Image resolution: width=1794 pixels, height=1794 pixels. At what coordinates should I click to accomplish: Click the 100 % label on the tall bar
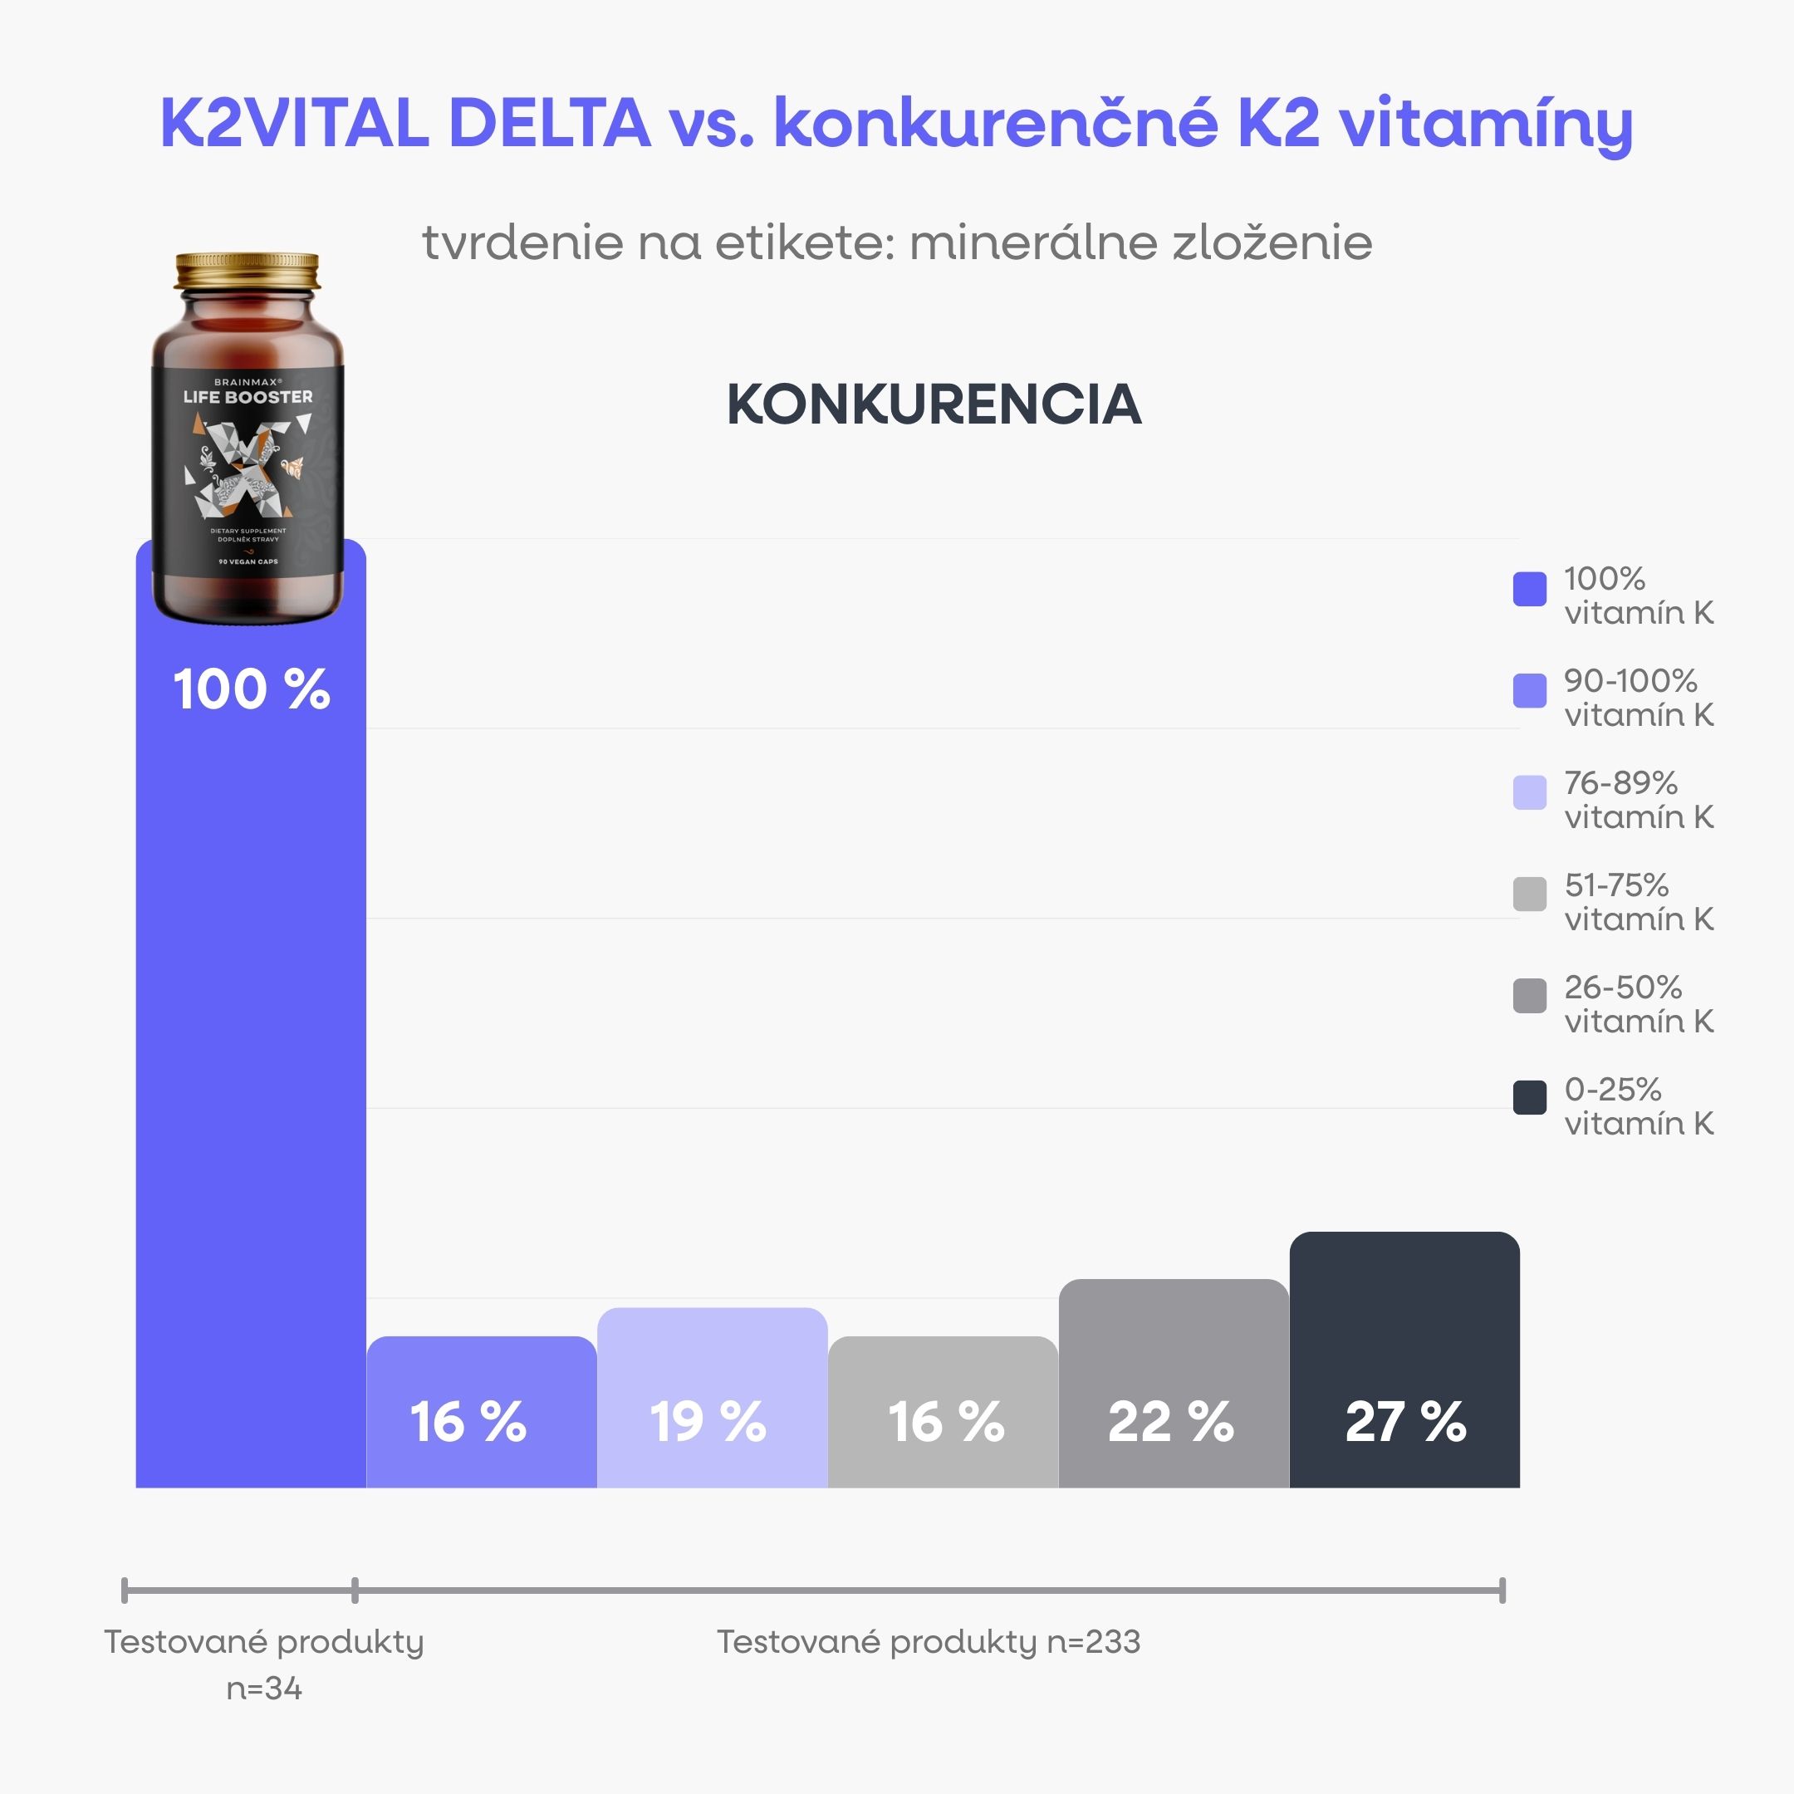tap(251, 690)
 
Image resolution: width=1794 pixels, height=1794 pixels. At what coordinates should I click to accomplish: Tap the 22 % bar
tap(1173, 1384)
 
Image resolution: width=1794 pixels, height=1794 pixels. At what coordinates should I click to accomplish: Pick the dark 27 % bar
tap(1404, 1360)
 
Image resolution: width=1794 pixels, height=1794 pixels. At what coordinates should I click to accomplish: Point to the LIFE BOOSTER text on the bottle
tap(248, 396)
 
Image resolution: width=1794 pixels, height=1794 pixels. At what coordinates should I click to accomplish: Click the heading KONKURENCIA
tap(934, 404)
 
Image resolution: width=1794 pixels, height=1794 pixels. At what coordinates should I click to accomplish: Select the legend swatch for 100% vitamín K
tap(1529, 589)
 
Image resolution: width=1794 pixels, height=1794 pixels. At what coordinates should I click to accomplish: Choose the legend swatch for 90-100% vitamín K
tap(1529, 691)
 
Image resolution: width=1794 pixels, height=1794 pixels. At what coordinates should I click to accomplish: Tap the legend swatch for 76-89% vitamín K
tap(1529, 793)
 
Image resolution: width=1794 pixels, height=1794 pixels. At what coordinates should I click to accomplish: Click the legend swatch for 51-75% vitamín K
tap(1529, 895)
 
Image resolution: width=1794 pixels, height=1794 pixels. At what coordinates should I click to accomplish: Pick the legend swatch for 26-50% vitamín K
tap(1529, 997)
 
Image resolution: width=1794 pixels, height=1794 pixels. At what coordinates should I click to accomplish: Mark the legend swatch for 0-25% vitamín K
tap(1529, 1097)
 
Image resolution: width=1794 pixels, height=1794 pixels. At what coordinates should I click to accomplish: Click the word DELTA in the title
tap(549, 124)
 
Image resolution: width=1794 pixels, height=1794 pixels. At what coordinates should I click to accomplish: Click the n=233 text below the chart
tap(1093, 1642)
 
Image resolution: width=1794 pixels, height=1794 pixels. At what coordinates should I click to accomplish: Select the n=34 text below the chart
tap(264, 1689)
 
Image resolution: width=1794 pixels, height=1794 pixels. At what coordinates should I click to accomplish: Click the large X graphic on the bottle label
tap(248, 469)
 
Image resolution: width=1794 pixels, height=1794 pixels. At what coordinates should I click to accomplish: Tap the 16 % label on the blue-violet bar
tap(468, 1422)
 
